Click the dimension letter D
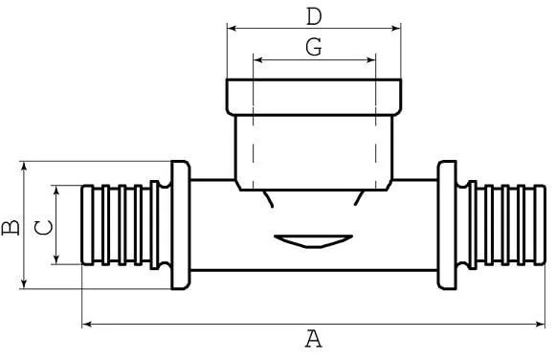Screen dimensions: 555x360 pos(314,16)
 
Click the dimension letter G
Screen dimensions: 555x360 pos(314,47)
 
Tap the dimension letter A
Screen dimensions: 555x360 pos(314,338)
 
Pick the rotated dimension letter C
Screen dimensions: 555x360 pos(43,228)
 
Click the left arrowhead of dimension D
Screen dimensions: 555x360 pos(232,28)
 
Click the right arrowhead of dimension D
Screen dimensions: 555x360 pos(396,28)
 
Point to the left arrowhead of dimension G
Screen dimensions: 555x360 pos(258,59)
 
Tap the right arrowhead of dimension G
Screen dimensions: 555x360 pos(371,59)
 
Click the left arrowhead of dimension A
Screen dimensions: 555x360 pos(87,324)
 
